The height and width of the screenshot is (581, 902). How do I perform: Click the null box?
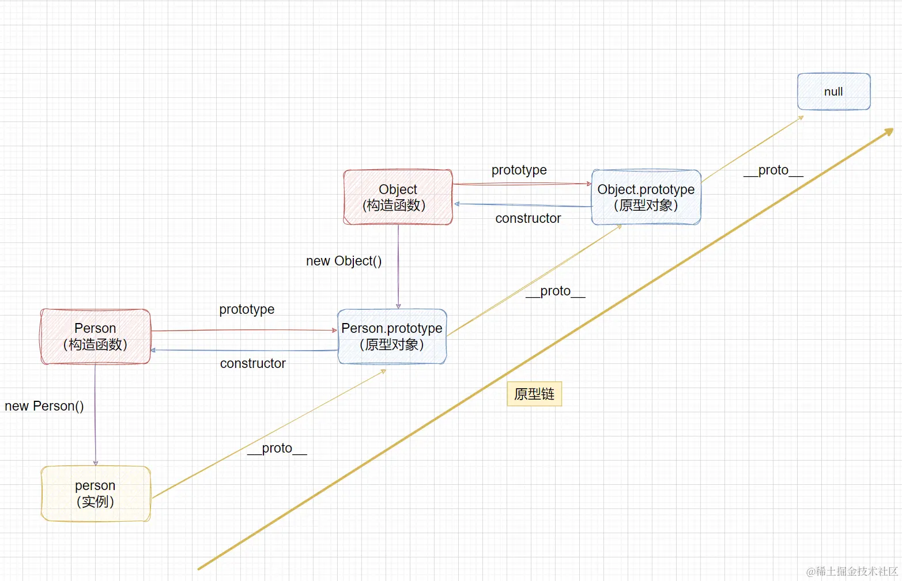tap(833, 92)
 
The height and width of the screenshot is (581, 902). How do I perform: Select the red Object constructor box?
tap(398, 197)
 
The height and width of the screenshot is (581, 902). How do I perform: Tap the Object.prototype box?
tap(646, 197)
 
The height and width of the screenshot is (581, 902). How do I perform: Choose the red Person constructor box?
tap(95, 336)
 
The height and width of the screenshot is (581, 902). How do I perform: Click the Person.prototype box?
tap(392, 336)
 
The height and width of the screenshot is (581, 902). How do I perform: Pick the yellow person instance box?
tap(96, 493)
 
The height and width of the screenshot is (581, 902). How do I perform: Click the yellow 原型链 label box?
tap(534, 394)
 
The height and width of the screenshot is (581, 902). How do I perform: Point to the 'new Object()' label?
tap(344, 261)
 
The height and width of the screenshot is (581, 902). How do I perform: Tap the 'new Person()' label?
tap(44, 406)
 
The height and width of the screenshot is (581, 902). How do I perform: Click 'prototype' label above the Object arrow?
tap(519, 170)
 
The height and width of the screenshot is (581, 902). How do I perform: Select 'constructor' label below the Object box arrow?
tap(528, 218)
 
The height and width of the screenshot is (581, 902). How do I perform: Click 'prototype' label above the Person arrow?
tap(247, 309)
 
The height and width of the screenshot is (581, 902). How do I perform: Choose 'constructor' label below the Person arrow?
tap(252, 363)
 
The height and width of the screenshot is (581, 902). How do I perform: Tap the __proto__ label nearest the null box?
tap(773, 170)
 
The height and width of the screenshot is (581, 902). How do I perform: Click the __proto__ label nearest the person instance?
tap(277, 448)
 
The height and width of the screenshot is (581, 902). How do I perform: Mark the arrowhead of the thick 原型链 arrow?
tap(889, 132)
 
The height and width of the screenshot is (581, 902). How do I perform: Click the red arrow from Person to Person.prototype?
tap(242, 331)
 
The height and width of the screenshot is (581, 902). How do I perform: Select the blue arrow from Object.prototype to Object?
tap(522, 205)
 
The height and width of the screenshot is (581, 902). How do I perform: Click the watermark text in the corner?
tap(852, 571)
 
